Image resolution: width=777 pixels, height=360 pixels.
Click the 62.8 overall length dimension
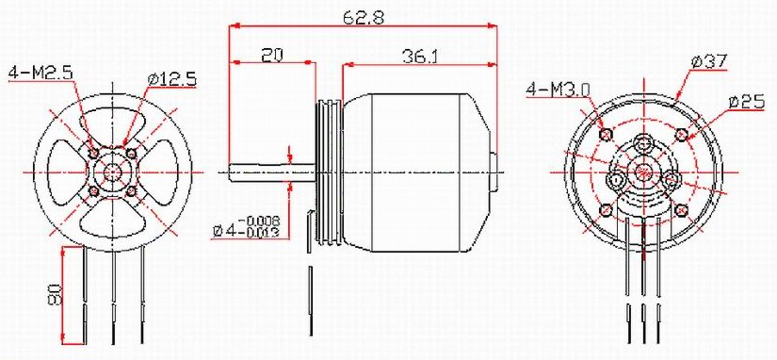362,16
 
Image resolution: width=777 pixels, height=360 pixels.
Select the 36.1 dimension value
420,56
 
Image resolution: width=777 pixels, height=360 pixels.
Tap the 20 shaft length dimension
272,56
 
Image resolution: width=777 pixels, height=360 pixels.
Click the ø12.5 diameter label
171,79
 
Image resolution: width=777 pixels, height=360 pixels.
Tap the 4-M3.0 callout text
558,90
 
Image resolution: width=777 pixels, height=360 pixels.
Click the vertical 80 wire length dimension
54,295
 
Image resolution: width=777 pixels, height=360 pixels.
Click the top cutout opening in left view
112,123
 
